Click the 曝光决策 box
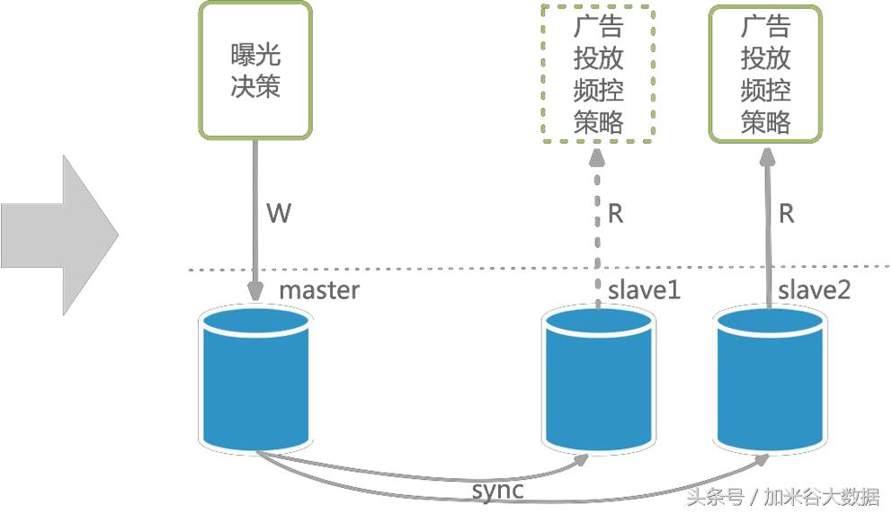pos(254,70)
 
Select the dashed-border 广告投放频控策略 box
pos(598,72)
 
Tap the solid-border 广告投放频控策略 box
pos(765,72)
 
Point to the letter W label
pos(279,214)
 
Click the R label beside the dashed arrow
pos(616,214)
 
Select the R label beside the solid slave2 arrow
pos(786,214)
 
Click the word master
pos(318,290)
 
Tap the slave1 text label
pos(644,290)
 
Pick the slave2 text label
pos(814,290)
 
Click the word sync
pos(497,491)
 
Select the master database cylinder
pos(255,377)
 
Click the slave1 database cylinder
pos(599,377)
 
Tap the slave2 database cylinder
pos(770,377)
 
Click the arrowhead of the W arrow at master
pos(255,292)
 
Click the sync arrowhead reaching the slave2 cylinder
pos(763,458)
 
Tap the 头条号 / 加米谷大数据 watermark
pos(782,496)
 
